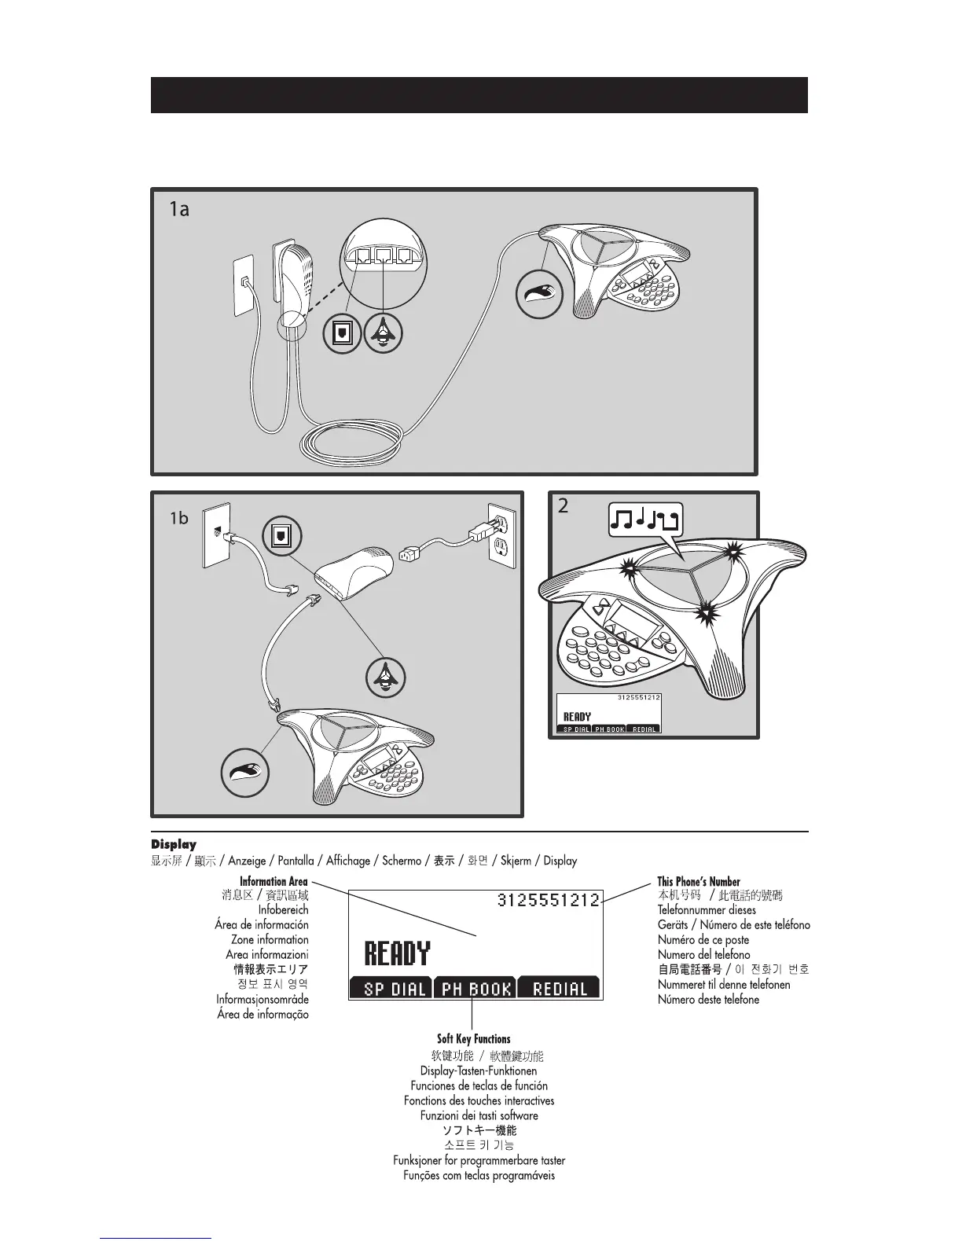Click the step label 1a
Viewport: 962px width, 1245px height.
pos(179,210)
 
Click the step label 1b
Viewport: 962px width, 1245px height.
pos(180,518)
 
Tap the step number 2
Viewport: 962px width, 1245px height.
pos(563,506)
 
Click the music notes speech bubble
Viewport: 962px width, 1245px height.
pos(646,520)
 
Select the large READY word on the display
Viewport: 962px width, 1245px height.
pos(397,954)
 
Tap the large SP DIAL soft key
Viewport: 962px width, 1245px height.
pos(390,988)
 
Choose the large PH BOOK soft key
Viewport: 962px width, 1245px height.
pos(475,988)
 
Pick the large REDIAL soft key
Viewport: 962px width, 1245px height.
pos(560,988)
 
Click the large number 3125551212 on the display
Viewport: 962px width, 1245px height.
pos(549,900)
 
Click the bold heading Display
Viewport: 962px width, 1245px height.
pos(174,844)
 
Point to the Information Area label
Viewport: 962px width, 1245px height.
pos(274,881)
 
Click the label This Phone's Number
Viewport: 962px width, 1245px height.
pos(699,881)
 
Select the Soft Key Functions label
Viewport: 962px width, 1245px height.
pos(473,1038)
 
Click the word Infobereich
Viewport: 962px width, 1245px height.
pos(283,910)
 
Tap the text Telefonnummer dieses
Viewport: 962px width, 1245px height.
pos(707,910)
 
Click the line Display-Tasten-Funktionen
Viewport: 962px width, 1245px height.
pos(479,1071)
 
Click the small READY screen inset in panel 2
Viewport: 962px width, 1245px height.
pos(608,714)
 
